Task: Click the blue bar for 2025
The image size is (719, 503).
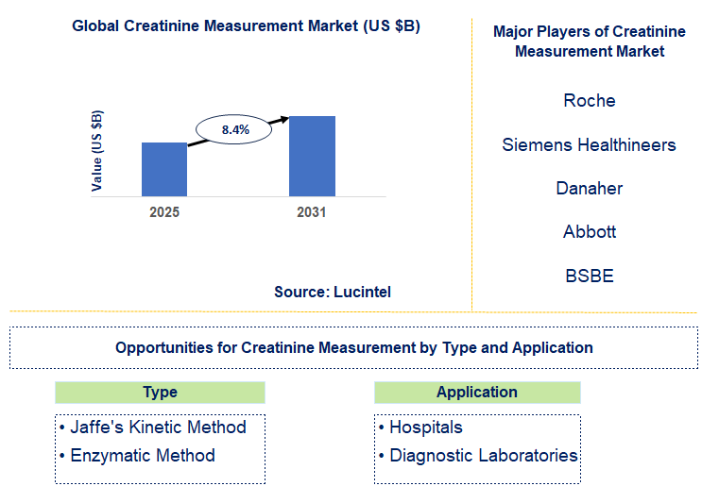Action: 164,169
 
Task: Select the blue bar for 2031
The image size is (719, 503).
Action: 312,156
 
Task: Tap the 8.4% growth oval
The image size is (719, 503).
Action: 234,129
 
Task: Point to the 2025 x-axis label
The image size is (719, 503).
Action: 164,212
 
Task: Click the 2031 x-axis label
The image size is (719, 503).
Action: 311,212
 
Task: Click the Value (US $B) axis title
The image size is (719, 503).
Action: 97,151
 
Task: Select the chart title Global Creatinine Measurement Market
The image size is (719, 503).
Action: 246,26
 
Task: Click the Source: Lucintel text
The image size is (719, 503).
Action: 333,293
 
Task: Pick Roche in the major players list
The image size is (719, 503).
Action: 589,101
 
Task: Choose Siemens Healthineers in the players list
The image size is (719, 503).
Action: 589,145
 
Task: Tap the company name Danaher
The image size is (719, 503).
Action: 589,189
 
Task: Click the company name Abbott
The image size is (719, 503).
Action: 589,232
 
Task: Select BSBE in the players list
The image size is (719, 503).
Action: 589,276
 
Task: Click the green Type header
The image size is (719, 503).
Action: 160,393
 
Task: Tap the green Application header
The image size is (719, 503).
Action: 477,393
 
